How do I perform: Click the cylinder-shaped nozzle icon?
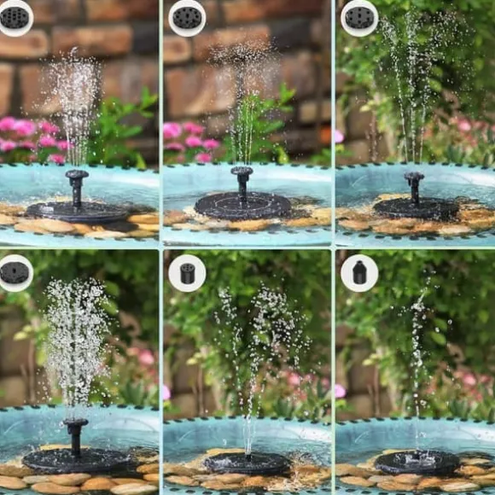(x=187, y=273)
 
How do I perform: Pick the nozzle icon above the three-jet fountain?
(x=359, y=18)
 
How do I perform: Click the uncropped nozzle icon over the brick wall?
(x=187, y=18)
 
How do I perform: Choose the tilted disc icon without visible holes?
(x=15, y=273)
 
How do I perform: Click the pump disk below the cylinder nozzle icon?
(x=249, y=463)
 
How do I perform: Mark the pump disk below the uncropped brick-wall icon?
(x=242, y=205)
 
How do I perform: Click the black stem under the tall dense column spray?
(x=76, y=435)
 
